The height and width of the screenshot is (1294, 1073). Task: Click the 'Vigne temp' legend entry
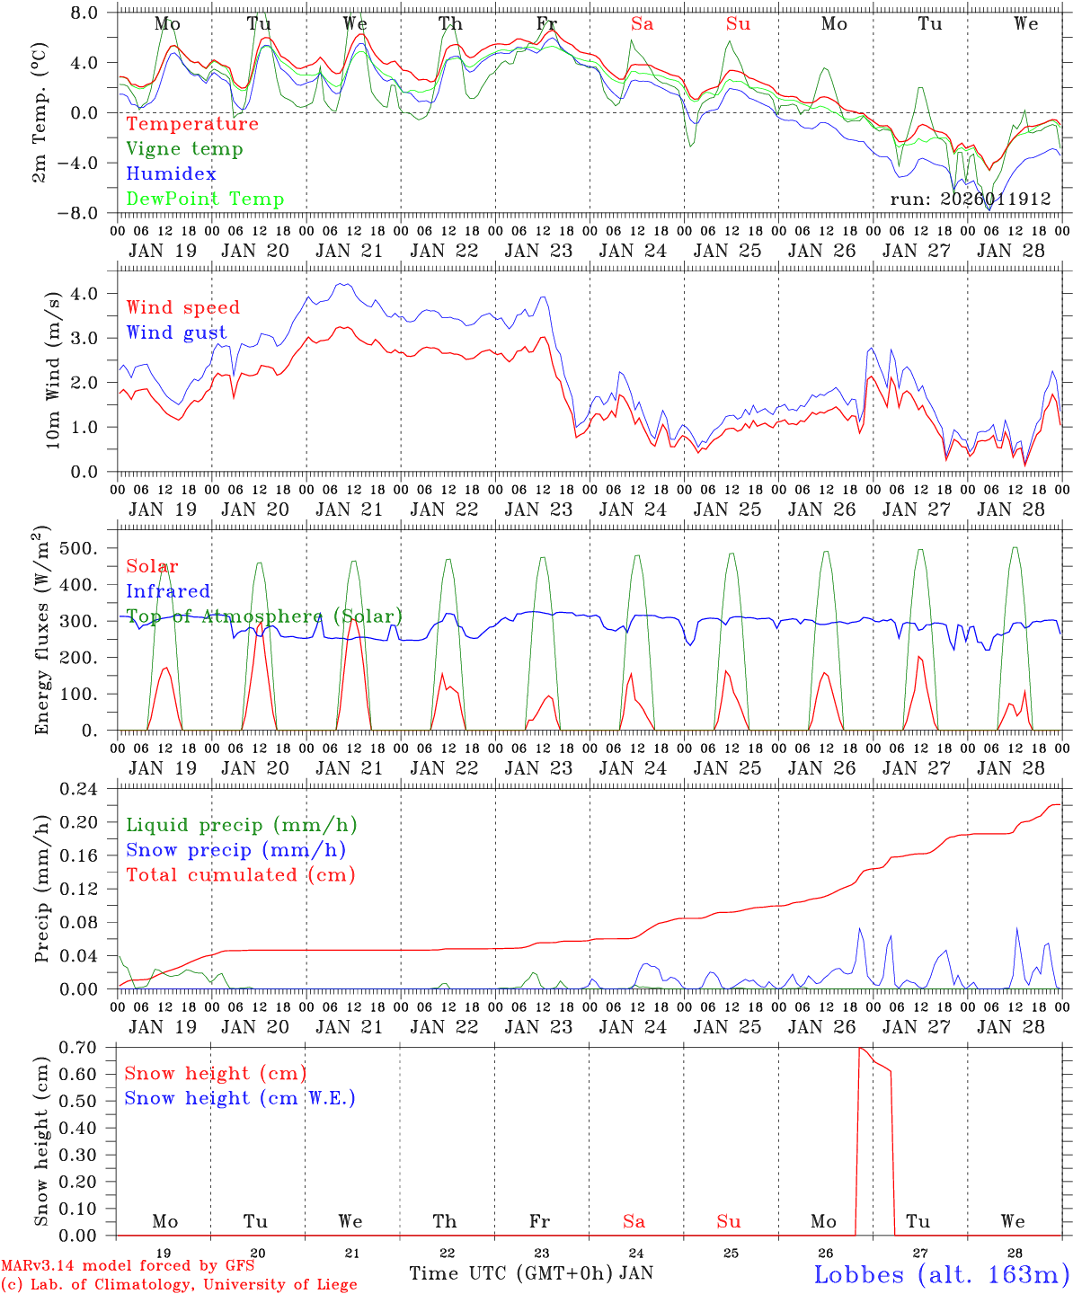(184, 149)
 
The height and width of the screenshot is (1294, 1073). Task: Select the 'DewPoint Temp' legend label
(205, 199)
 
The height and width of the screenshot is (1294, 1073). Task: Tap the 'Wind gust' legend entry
(176, 332)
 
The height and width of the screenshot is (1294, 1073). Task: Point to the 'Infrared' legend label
(168, 591)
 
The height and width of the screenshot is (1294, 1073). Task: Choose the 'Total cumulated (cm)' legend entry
(240, 874)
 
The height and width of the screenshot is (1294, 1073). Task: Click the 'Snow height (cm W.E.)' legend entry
(239, 1098)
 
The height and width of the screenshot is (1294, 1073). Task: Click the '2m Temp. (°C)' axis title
(40, 112)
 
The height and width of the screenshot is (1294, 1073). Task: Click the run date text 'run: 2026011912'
(970, 199)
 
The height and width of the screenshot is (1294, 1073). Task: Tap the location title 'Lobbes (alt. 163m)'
(941, 1273)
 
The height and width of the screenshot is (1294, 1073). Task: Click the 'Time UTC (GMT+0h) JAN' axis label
(530, 1273)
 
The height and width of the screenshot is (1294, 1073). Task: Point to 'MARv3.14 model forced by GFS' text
(128, 1266)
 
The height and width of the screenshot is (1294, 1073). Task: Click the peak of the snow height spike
(860, 1048)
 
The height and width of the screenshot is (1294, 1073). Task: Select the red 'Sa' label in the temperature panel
(642, 24)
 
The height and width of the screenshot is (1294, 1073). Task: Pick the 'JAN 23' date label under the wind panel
(538, 510)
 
